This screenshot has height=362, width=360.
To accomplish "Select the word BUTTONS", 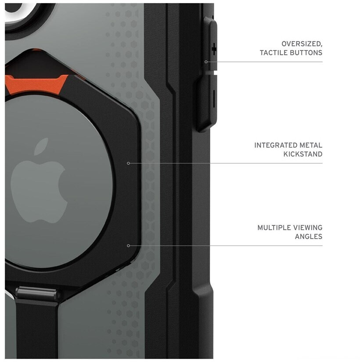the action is (309, 53).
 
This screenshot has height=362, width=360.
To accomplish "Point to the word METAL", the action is (313, 145).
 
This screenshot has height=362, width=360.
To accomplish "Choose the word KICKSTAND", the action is (303, 154).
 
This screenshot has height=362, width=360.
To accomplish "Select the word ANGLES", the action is (309, 236).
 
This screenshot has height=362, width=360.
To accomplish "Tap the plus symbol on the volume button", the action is (214, 49).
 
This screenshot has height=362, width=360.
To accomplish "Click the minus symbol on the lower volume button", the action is (214, 98).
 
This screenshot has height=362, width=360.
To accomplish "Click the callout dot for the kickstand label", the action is (128, 163).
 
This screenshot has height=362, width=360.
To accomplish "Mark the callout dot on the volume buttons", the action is (206, 62).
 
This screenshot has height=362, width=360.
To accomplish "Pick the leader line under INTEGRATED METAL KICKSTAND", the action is (228, 163).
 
